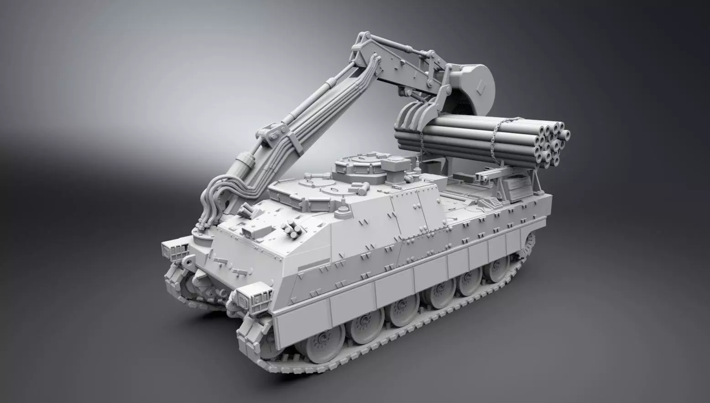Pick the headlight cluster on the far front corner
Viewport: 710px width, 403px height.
pyautogui.click(x=174, y=249)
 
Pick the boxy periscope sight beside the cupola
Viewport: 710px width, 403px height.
pyautogui.click(x=392, y=164)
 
